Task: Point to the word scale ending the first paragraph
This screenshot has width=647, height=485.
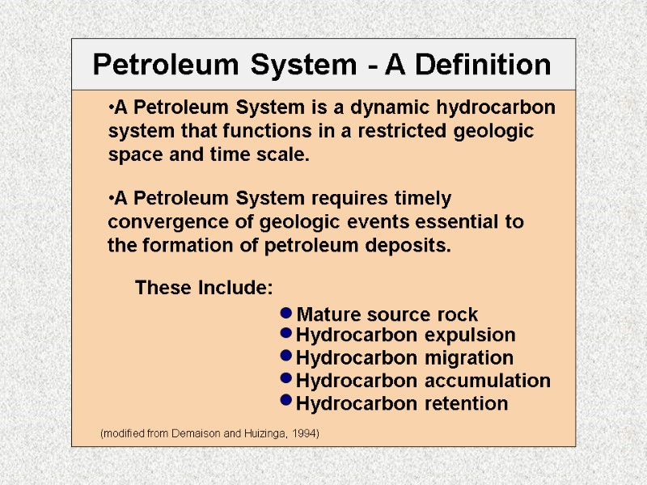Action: (285, 154)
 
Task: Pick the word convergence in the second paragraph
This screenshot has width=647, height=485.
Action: (159, 222)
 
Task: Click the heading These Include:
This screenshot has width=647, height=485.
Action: (204, 288)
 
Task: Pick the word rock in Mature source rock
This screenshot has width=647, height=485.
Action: (457, 314)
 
